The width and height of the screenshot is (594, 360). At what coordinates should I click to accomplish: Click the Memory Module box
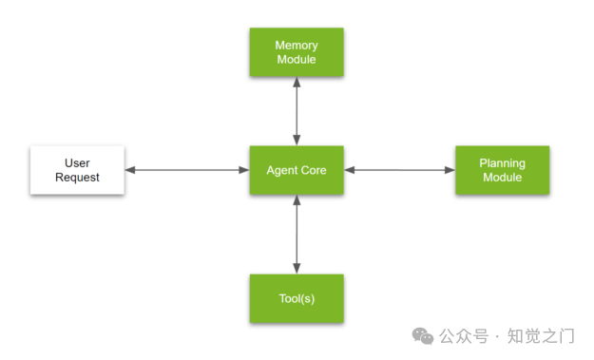[x=297, y=52]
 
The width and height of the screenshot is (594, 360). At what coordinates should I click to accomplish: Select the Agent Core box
[x=297, y=170]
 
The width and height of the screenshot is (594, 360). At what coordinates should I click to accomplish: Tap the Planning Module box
[x=503, y=170]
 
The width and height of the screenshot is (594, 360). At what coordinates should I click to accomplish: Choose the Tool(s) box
[x=297, y=298]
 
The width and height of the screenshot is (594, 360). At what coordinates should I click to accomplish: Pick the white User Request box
[x=77, y=170]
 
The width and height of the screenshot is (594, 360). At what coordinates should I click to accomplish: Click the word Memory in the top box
[x=297, y=46]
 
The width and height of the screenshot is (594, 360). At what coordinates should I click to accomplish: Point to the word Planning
[x=503, y=163]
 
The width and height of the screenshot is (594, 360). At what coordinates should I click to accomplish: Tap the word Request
[x=77, y=178]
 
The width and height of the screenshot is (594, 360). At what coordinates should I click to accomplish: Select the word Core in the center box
[x=314, y=170]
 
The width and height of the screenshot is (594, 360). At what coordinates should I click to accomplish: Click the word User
[x=77, y=163]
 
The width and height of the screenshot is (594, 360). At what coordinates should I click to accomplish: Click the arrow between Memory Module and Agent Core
[x=297, y=111]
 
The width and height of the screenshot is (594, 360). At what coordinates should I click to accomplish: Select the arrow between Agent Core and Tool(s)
[x=297, y=235]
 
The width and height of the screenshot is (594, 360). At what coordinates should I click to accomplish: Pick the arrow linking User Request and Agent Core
[x=187, y=170]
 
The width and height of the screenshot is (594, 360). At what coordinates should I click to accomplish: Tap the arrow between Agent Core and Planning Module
[x=400, y=170]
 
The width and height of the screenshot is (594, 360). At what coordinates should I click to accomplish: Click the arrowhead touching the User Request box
[x=130, y=170]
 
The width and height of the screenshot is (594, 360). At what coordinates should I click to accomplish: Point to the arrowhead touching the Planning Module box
[x=450, y=170]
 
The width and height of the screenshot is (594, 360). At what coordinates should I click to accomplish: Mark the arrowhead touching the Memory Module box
[x=297, y=82]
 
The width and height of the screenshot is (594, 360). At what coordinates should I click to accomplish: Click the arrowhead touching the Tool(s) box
[x=297, y=269]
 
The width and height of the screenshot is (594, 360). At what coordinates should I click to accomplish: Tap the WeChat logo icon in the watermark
[x=423, y=336]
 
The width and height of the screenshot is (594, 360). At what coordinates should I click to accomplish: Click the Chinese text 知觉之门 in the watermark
[x=541, y=336]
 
